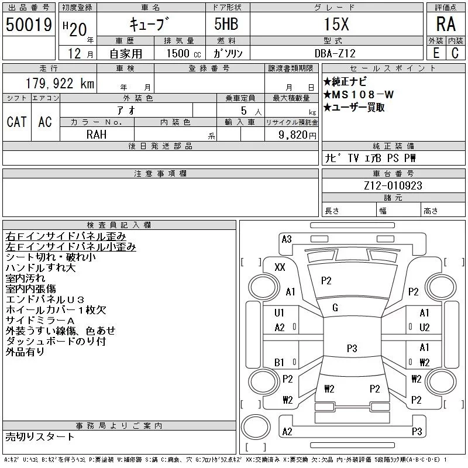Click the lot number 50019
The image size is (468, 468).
click(x=29, y=25)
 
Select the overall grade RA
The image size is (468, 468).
click(x=446, y=24)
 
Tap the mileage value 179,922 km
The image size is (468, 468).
click(x=60, y=83)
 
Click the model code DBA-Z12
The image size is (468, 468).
click(x=335, y=53)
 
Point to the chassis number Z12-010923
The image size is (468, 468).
click(x=393, y=185)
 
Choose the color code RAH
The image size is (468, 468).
click(x=97, y=135)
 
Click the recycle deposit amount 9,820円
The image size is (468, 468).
click(x=297, y=135)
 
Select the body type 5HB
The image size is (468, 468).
click(x=226, y=24)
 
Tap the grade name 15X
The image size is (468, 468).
click(x=336, y=24)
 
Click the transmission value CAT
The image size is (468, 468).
click(x=17, y=122)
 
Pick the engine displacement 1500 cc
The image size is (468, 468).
click(x=184, y=53)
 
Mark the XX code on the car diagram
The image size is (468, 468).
click(x=280, y=267)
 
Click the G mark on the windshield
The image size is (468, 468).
click(x=335, y=308)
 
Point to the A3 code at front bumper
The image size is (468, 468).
click(x=287, y=239)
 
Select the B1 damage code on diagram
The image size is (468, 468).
click(x=279, y=362)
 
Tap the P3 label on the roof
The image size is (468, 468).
click(x=352, y=348)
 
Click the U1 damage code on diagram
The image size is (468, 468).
click(x=279, y=313)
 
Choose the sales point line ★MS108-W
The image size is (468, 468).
click(x=359, y=95)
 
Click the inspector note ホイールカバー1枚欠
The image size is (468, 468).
click(x=56, y=310)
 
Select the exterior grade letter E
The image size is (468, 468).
click(x=436, y=53)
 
